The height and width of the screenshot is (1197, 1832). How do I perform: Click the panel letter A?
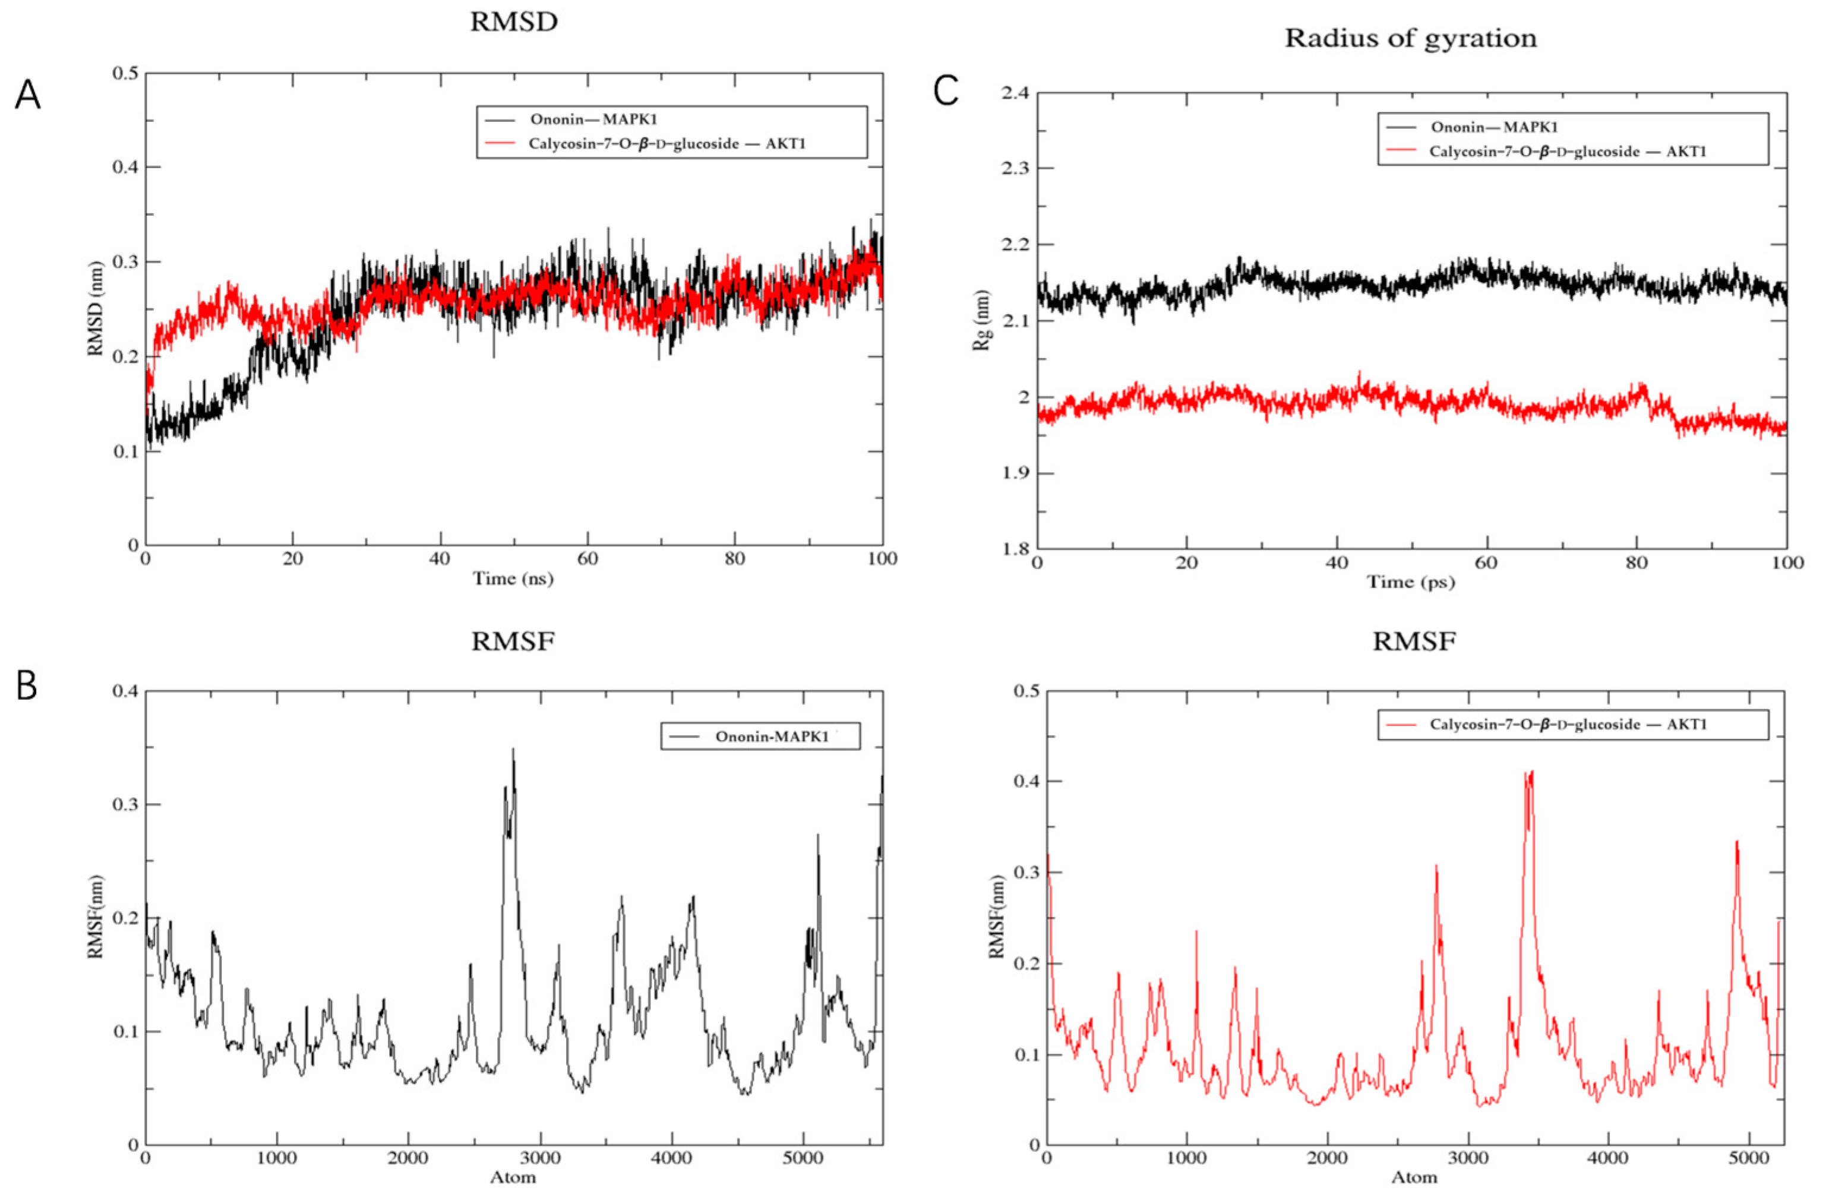28,97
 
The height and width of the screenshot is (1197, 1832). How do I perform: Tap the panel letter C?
945,91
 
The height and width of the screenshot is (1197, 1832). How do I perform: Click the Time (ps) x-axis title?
1410,582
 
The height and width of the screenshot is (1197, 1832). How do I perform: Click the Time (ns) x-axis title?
513,578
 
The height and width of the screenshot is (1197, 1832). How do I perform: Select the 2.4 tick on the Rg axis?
1014,93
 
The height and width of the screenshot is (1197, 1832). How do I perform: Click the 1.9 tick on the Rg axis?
1014,473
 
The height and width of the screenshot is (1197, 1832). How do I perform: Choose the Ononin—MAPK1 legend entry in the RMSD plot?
593,120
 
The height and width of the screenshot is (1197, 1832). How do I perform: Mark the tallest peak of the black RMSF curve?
513,749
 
